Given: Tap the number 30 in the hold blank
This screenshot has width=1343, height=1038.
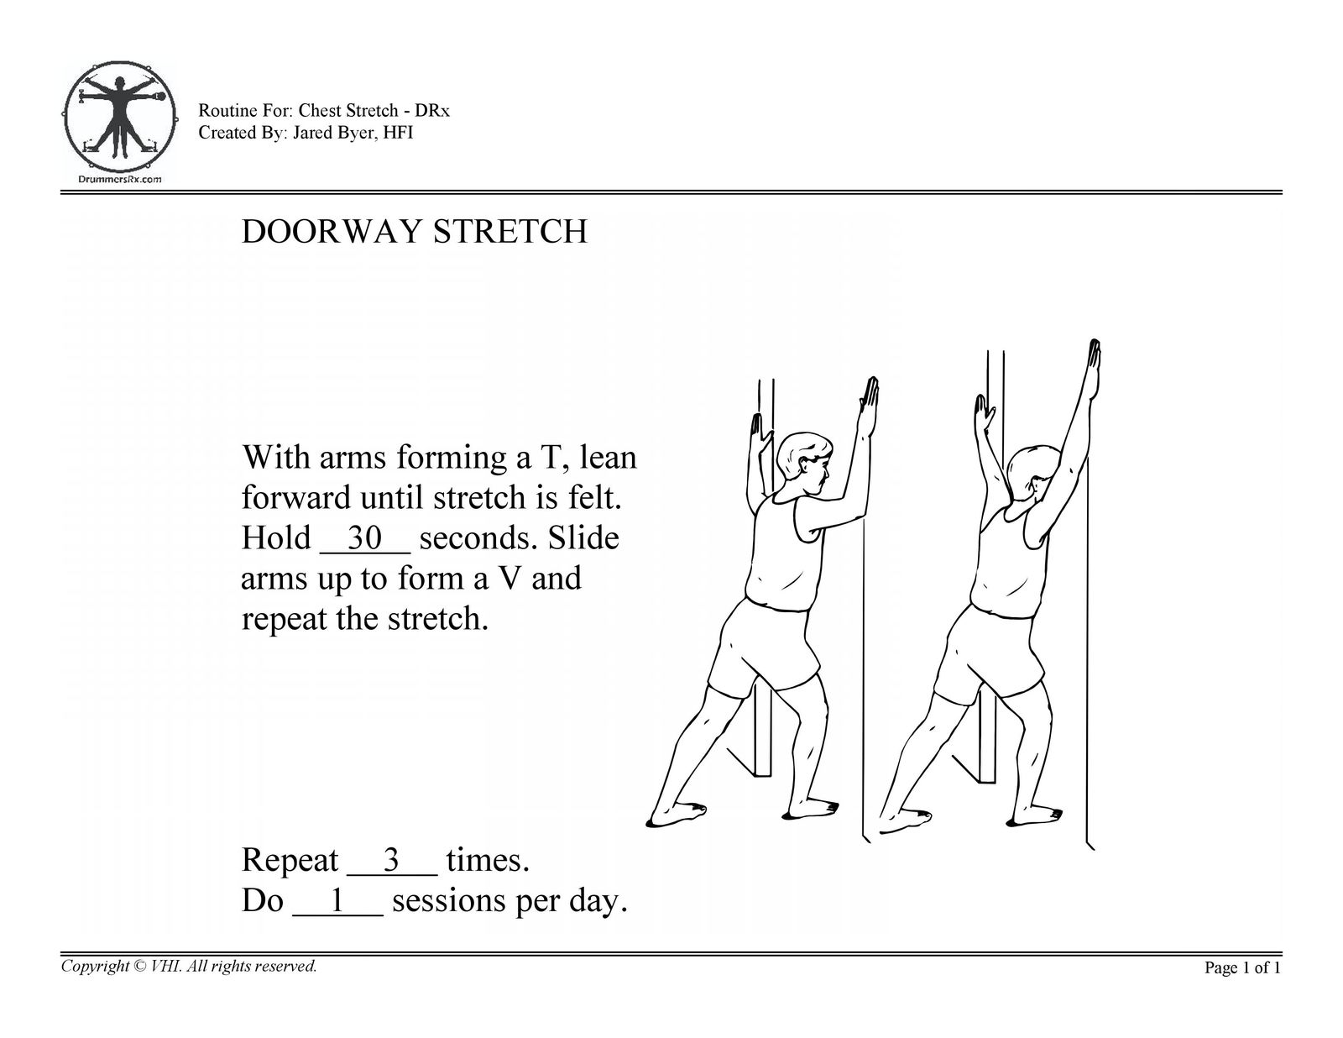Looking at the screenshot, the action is (364, 537).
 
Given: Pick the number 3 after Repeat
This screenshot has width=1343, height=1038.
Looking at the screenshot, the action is (391, 859).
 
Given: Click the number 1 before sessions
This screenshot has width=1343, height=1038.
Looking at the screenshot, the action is (337, 900).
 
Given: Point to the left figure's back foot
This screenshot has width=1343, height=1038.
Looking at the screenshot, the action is (677, 814).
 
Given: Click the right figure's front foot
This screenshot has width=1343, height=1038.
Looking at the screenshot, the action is (1035, 816).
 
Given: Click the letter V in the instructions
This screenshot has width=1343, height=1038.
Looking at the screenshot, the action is (509, 579).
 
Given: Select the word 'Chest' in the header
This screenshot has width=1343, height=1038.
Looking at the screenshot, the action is (320, 111).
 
